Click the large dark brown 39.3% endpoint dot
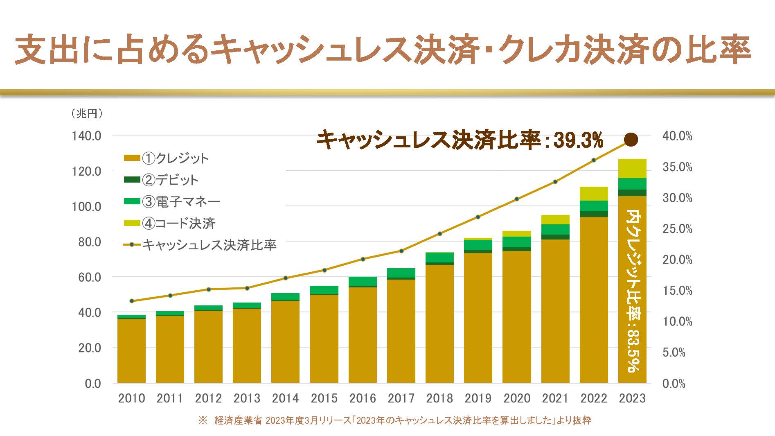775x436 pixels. click(631, 139)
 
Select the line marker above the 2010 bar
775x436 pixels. click(131, 301)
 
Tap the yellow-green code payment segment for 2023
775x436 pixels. click(632, 168)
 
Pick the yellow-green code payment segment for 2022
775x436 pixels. click(594, 194)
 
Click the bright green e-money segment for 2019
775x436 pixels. click(478, 244)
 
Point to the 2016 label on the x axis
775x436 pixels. click(363, 398)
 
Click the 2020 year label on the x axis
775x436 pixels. click(517, 398)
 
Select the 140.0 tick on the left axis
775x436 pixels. click(86, 136)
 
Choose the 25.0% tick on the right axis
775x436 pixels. click(677, 229)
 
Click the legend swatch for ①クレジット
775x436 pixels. click(131, 158)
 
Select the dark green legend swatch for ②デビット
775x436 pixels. click(131, 180)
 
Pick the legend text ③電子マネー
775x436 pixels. click(181, 201)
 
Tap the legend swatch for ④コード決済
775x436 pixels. click(131, 223)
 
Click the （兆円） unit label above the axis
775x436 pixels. click(87, 113)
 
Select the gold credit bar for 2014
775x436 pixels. click(285, 342)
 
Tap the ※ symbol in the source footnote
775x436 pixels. click(203, 420)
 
